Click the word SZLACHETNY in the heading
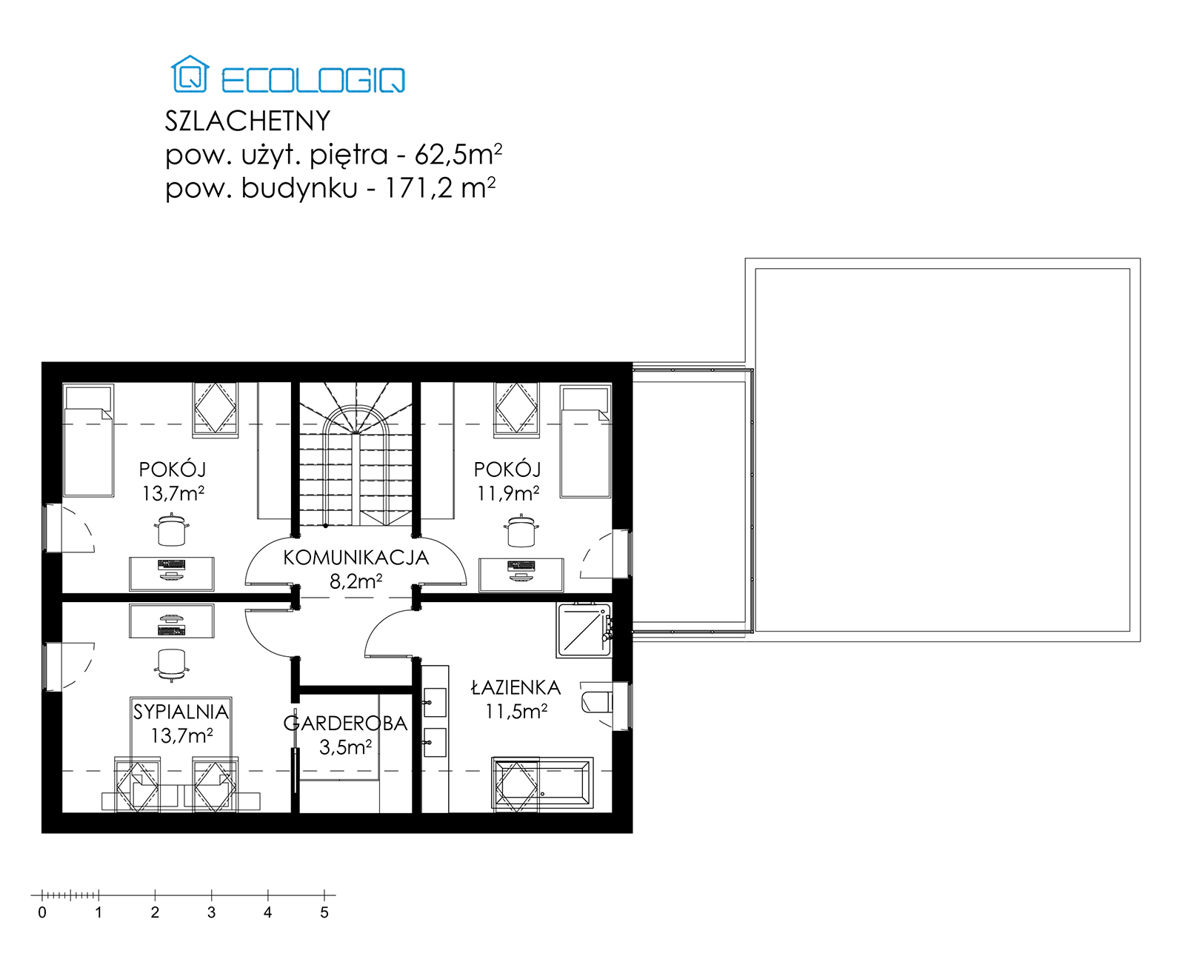point(247,121)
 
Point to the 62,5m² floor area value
point(458,155)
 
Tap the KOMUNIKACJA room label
point(356,558)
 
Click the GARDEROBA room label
point(345,724)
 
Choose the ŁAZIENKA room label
point(516,687)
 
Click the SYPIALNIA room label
point(181,712)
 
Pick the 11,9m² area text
point(508,493)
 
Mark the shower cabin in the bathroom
point(584,629)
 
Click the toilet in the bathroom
point(597,702)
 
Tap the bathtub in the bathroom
point(542,783)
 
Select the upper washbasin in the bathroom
point(435,702)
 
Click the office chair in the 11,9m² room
point(521,530)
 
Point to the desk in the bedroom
point(171,621)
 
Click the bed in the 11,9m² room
point(585,441)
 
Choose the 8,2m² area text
point(356,581)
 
